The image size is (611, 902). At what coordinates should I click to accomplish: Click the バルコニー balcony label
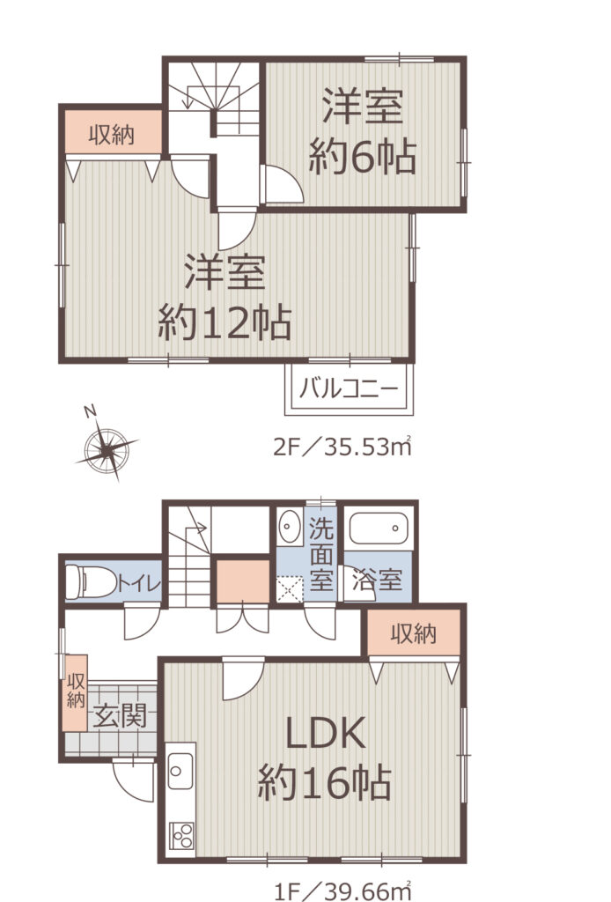tap(349, 389)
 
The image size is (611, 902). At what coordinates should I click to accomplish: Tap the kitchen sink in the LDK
tap(180, 770)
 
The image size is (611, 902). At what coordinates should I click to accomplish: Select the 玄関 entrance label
tap(120, 715)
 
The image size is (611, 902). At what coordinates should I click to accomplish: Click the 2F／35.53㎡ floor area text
tap(342, 447)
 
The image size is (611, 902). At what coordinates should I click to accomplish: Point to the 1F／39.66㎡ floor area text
tap(342, 891)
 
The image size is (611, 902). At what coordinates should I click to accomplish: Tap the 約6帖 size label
tap(362, 157)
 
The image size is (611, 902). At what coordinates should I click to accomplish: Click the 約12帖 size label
tap(225, 322)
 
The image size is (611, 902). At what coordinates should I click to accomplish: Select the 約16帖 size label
tap(325, 783)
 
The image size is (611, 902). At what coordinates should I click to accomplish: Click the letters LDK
tap(326, 733)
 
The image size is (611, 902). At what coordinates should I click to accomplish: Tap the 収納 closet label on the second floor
tap(112, 134)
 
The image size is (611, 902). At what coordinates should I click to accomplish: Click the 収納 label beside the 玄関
tap(76, 691)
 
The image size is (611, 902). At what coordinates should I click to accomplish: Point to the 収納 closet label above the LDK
tap(413, 633)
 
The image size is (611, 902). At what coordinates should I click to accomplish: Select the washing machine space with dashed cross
tap(290, 588)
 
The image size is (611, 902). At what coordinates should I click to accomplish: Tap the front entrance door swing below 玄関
tap(133, 780)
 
